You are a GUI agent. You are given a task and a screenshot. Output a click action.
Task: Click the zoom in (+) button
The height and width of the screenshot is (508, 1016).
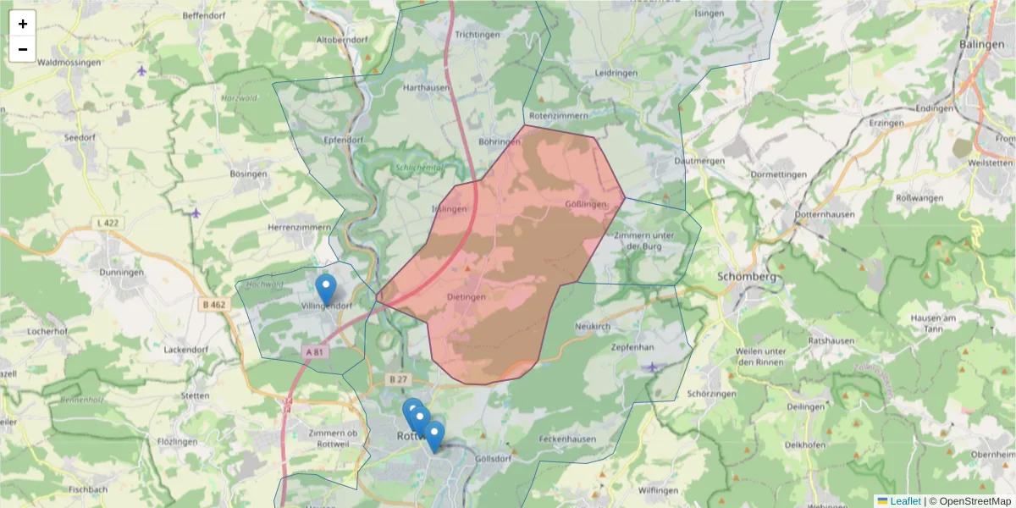[x=23, y=24]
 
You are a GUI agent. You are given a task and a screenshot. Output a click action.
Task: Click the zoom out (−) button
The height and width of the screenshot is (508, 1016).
[x=23, y=49]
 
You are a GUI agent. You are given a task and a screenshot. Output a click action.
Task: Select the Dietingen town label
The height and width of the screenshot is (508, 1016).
[x=467, y=298]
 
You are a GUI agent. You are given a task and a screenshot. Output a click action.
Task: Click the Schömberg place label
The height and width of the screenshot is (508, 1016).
[x=746, y=277]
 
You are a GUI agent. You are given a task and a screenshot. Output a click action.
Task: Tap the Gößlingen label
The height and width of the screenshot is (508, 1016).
[x=587, y=205]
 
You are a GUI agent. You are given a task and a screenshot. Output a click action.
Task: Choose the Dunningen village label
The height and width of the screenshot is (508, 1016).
[x=121, y=273]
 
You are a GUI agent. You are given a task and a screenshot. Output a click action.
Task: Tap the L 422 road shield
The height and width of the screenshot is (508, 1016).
[x=107, y=223]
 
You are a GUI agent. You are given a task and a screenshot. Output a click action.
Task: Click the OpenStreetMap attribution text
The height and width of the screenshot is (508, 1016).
[x=973, y=501]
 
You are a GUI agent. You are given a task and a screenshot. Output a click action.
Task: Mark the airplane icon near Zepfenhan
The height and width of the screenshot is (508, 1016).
[x=651, y=367]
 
